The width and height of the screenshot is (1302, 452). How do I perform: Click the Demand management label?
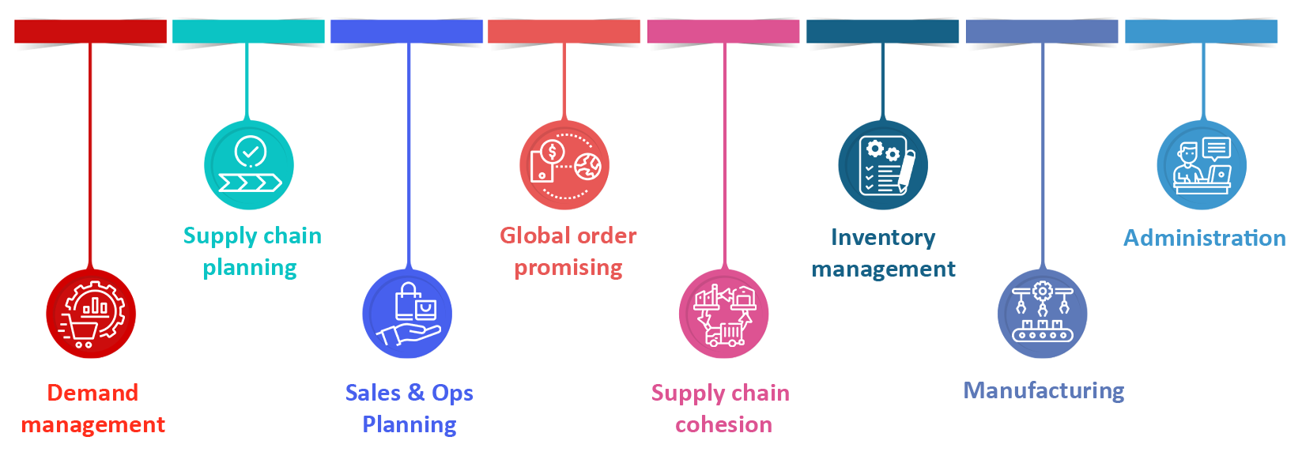(94, 409)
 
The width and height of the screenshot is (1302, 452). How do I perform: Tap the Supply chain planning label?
(252, 251)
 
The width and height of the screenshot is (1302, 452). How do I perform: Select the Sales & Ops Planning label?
(409, 409)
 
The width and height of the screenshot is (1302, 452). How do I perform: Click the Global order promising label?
(569, 251)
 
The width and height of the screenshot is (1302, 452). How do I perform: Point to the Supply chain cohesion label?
(721, 409)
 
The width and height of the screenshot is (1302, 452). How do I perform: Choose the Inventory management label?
(885, 253)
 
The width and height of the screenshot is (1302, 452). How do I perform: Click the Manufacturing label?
(1043, 390)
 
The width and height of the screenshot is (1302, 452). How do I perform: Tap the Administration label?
(1204, 238)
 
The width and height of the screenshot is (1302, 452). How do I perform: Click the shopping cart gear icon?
(93, 315)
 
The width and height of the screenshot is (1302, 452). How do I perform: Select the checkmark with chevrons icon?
(251, 165)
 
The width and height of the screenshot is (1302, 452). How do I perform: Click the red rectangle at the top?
(90, 31)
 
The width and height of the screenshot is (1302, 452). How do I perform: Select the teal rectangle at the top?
(248, 31)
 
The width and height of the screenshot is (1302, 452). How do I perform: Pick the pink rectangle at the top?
(723, 31)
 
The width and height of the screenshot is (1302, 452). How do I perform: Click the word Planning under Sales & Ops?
(409, 424)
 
